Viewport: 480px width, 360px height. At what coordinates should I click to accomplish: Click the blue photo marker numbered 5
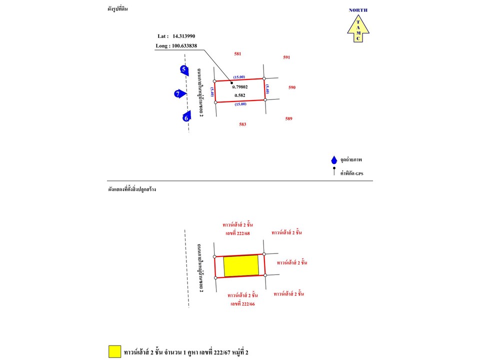[184, 70]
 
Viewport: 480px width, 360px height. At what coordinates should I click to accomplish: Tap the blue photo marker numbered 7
[180, 93]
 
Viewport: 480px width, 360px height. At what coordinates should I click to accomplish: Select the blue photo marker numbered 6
[186, 116]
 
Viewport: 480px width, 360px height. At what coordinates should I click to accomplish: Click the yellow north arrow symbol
[358, 28]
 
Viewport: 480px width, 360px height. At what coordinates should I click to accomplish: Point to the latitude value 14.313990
[183, 36]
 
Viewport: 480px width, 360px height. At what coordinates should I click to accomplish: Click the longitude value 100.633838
[184, 46]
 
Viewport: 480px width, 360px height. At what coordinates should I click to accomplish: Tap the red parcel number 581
[237, 54]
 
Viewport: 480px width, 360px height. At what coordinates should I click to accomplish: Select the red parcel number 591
[286, 57]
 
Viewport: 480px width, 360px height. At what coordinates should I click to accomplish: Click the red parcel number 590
[292, 87]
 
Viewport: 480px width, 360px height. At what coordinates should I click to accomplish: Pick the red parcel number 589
[288, 119]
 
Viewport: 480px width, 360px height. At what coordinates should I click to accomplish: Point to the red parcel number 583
[242, 124]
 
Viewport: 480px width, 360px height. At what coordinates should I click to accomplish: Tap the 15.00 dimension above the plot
[239, 77]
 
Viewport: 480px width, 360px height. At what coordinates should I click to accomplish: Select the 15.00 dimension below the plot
[240, 104]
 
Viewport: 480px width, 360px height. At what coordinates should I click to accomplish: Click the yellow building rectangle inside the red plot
[241, 265]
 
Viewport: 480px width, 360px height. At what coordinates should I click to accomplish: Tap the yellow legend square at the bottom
[115, 351]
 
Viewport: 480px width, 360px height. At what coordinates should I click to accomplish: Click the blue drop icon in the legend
[334, 160]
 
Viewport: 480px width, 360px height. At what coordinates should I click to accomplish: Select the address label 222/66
[243, 304]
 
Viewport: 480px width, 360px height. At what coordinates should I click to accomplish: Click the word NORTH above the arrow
[358, 10]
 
